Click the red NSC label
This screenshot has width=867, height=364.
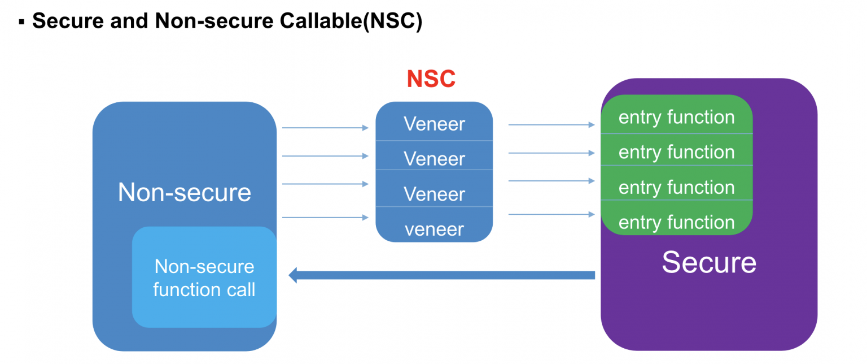point(431,79)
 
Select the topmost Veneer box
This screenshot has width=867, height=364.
point(434,123)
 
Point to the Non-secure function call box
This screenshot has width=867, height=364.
point(204,278)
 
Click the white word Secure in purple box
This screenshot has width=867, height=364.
point(708,262)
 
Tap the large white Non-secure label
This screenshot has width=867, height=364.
point(184,192)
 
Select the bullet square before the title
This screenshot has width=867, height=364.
point(22,23)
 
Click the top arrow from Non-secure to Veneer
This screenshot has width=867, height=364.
point(325,128)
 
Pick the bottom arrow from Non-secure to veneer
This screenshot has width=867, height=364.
point(325,218)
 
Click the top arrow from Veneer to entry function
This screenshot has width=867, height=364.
point(551,124)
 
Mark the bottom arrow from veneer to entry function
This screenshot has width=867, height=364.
point(551,214)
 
